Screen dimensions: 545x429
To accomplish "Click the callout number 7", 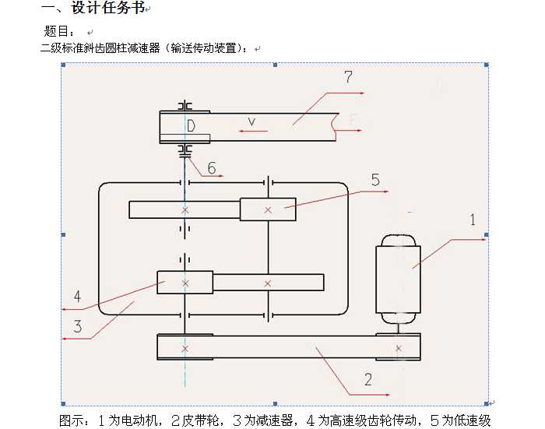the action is (348, 77).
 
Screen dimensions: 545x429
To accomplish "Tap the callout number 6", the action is (212, 168).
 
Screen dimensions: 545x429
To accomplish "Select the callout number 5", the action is (375, 180).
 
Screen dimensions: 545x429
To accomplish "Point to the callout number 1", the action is (473, 220).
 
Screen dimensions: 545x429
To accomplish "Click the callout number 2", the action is (368, 379).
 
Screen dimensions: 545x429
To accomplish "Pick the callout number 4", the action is (78, 296).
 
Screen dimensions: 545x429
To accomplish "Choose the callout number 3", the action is (78, 327).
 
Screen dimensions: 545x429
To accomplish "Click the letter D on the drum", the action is (191, 126).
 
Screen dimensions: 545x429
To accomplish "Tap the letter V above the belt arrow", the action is (251, 121).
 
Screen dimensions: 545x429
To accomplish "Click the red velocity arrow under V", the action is (253, 131).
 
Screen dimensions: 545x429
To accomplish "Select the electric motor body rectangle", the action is (398, 280).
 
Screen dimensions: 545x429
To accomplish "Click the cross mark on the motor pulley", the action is (399, 348).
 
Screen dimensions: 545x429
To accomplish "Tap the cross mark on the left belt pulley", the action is (185, 349).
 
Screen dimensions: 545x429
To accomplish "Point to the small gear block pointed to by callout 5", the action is (268, 209).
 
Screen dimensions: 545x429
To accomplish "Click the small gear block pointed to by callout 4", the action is (185, 283).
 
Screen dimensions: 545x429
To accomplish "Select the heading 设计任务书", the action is (108, 8).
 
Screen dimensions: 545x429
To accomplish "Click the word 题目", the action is (55, 31).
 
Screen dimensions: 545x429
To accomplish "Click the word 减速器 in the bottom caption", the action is (273, 420).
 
